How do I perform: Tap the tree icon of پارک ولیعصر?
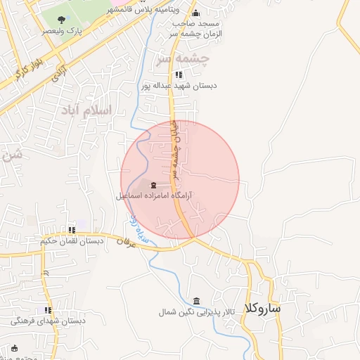click(62, 19)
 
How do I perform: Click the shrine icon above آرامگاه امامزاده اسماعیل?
click(154, 185)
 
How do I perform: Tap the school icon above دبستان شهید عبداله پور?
click(179, 74)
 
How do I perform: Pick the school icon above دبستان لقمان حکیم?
click(72, 230)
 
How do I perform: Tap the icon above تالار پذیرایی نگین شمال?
click(195, 300)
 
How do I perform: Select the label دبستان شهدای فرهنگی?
click(48, 321)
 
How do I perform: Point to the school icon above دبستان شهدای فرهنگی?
click(48, 310)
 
